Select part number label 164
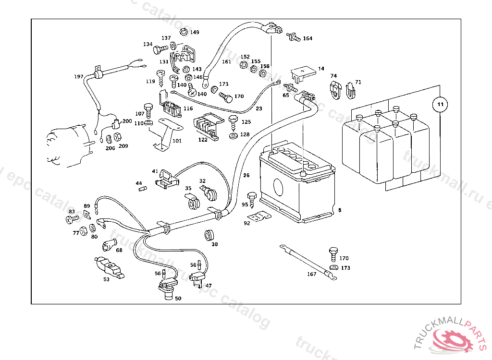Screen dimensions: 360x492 tap(307, 38)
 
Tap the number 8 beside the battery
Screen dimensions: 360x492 tap(339, 210)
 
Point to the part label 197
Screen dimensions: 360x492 tap(79, 77)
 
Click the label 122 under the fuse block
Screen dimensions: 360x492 tap(203, 140)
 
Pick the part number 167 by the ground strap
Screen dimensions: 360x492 tap(312, 275)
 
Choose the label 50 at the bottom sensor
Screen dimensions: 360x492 tap(178, 299)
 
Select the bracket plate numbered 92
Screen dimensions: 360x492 tap(262, 217)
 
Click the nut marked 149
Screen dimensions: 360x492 tap(183, 32)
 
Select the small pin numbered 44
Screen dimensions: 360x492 tap(142, 189)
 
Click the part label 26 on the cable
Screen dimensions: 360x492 tap(246, 175)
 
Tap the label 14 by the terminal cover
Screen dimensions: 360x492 tap(321, 69)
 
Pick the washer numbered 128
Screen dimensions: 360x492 tap(233, 135)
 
